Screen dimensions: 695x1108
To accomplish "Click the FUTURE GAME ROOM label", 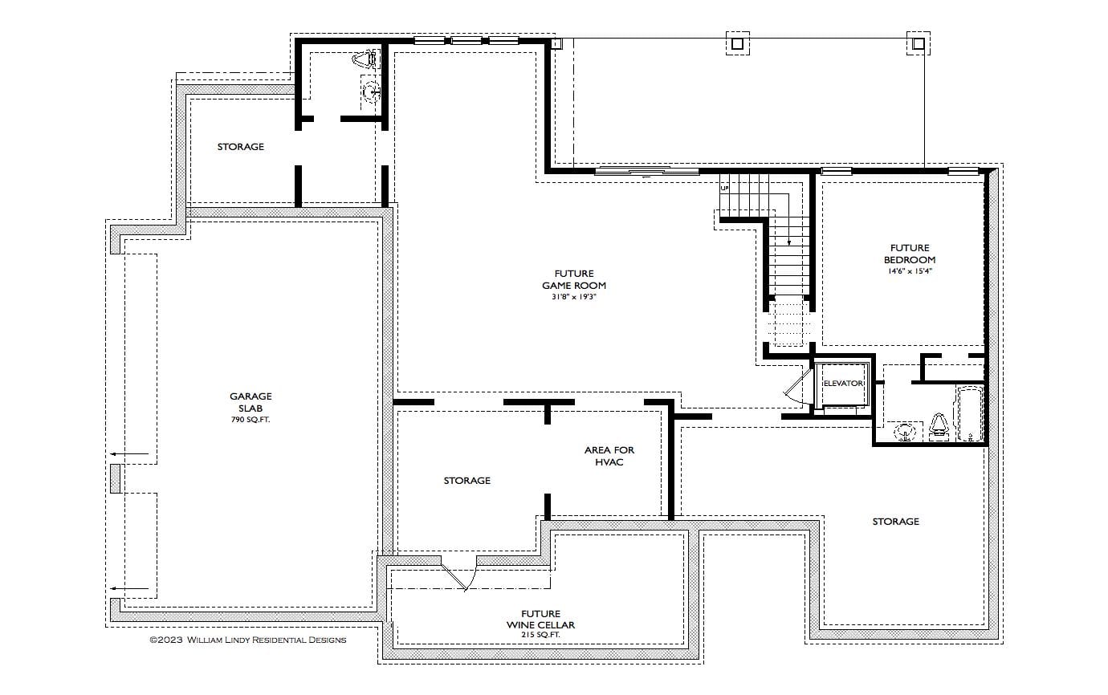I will pyautogui.click(x=573, y=279).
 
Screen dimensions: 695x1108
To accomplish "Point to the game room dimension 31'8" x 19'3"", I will pyautogui.click(x=573, y=297).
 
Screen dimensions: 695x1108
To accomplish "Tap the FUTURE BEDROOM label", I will pyautogui.click(x=910, y=254).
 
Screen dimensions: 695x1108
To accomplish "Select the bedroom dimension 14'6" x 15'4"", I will pyautogui.click(x=910, y=271).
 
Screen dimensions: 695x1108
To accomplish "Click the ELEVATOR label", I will pyautogui.click(x=842, y=384).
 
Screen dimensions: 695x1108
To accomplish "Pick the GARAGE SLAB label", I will pyautogui.click(x=251, y=401).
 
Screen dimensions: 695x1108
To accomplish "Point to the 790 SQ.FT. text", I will pyautogui.click(x=251, y=420).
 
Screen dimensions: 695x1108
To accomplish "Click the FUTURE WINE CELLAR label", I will pyautogui.click(x=540, y=619).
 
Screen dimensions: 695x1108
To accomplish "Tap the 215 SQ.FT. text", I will pyautogui.click(x=540, y=635).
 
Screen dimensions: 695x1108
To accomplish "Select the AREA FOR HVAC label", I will pyautogui.click(x=609, y=456).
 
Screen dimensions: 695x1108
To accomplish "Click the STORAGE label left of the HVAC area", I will pyautogui.click(x=466, y=481).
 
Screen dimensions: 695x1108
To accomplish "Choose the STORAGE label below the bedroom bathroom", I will pyautogui.click(x=895, y=522).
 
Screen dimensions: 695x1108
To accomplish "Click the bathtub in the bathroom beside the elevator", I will pyautogui.click(x=970, y=414).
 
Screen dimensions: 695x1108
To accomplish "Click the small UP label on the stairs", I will pyautogui.click(x=724, y=188).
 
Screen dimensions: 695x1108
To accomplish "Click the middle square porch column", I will pyautogui.click(x=737, y=43).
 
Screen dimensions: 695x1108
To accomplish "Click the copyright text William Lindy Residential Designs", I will pyautogui.click(x=248, y=640).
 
